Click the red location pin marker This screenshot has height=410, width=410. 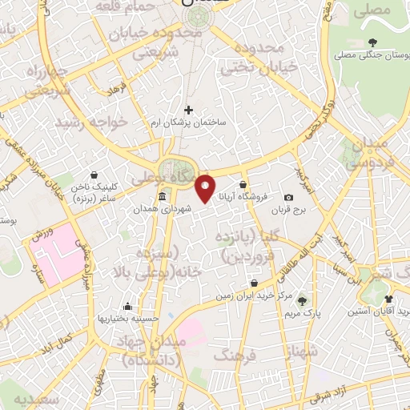[x=206, y=187]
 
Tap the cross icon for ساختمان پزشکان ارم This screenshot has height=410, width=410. [x=189, y=110]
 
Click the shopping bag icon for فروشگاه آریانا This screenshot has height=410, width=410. [x=243, y=185]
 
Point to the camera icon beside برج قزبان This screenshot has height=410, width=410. [x=288, y=197]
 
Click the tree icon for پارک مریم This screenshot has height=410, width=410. [x=302, y=301]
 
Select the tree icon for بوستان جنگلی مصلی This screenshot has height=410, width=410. [x=372, y=42]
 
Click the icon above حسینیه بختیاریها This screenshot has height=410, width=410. [x=128, y=306]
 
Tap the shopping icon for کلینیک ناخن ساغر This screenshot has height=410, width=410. [x=94, y=174]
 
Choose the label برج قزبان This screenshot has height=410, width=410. [x=303, y=209]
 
